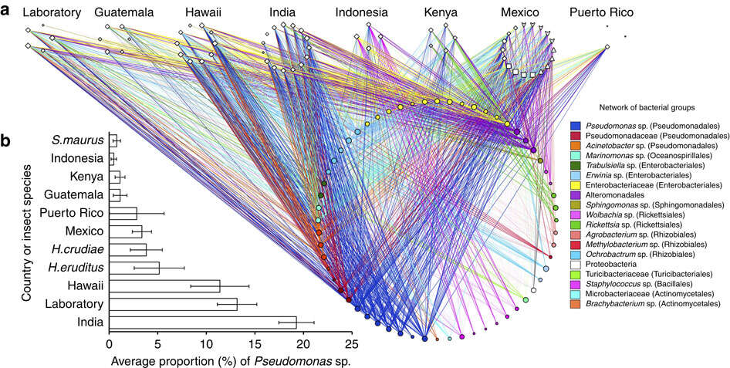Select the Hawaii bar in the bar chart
click(164, 285)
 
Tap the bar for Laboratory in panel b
click(172, 304)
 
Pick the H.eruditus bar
click(133, 268)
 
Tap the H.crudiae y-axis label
click(77, 249)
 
